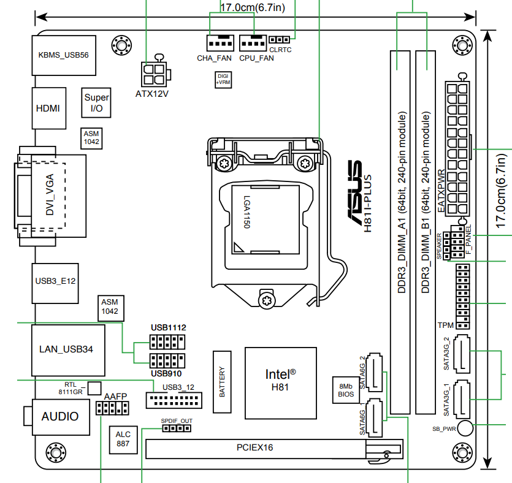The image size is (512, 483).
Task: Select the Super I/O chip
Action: (96, 102)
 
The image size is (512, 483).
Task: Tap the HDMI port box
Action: (48, 108)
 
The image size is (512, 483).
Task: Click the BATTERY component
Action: (222, 382)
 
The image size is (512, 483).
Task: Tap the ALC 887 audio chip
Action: (123, 439)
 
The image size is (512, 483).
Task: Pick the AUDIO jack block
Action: (60, 416)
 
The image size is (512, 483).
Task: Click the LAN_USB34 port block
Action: (66, 349)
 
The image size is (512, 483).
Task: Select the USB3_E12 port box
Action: (55, 282)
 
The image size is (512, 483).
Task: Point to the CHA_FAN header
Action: (220, 44)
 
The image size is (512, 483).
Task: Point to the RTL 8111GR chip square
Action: (94, 387)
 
